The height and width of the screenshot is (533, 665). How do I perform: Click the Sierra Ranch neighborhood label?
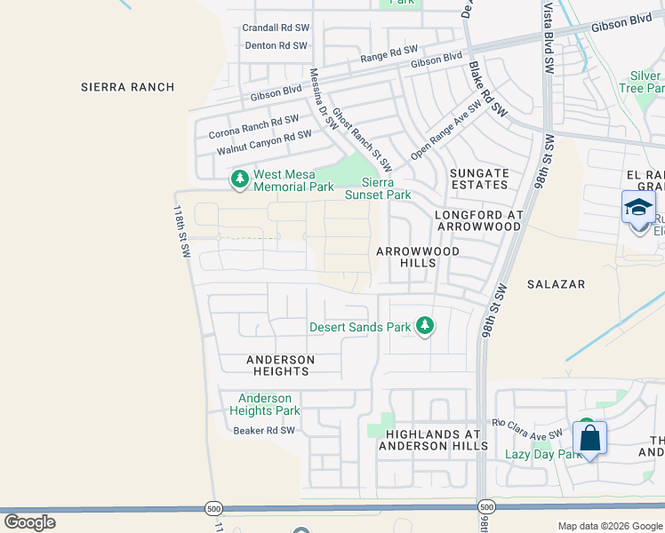tap(127, 87)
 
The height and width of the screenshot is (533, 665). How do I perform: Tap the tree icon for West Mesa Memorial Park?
tap(239, 180)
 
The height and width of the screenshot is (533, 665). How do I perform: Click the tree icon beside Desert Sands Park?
tap(425, 327)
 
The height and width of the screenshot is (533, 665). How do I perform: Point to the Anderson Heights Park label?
tap(265, 404)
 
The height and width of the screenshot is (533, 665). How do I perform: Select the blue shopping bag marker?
tap(589, 437)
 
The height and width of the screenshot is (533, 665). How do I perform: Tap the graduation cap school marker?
tap(638, 207)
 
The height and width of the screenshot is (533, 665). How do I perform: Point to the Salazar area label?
tap(556, 284)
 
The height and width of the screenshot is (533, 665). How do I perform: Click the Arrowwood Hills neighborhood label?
tap(418, 258)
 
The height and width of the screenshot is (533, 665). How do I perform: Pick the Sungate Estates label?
tap(479, 179)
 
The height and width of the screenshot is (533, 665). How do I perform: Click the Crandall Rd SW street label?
tap(275, 28)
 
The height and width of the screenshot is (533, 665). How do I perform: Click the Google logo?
tap(29, 521)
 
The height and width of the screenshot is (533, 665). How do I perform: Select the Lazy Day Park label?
tap(543, 455)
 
